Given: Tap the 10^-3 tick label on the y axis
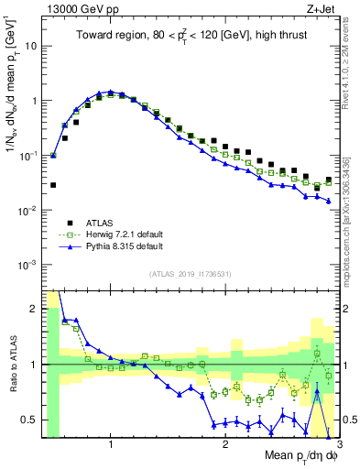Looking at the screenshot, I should pyautogui.click(x=28, y=265).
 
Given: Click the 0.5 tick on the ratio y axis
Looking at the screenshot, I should pyautogui.click(x=32, y=420).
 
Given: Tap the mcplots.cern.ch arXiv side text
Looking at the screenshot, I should pyautogui.click(x=350, y=211).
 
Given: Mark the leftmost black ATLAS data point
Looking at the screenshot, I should pyautogui.click(x=53, y=184).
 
